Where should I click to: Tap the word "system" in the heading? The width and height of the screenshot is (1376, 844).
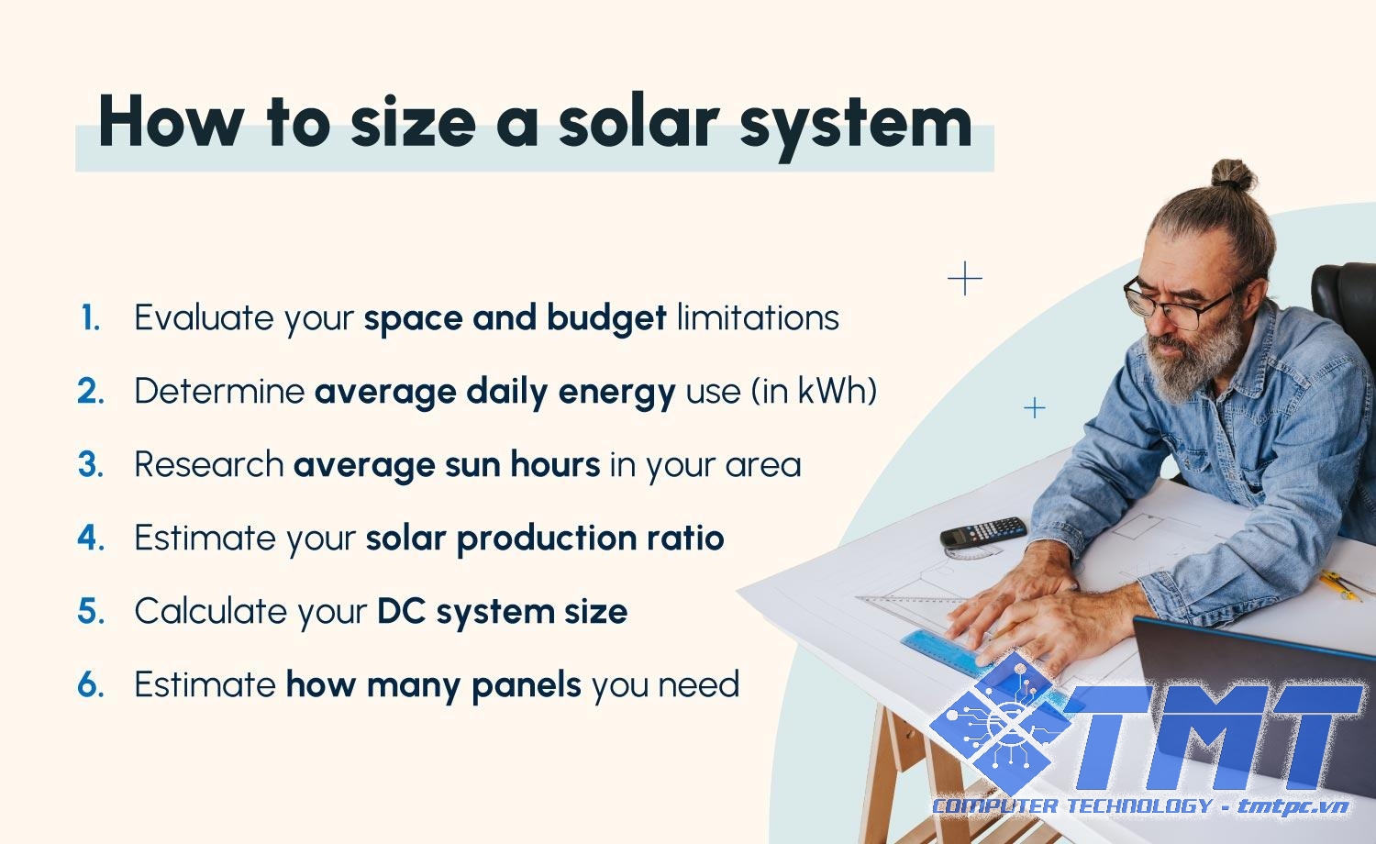856,126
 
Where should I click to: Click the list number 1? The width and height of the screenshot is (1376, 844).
91,318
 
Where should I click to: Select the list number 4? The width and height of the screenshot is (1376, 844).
91,538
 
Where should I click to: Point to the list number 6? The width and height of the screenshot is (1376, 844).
91,684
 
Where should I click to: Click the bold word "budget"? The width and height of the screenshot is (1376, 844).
606,319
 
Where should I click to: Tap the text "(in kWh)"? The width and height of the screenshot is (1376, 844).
815,391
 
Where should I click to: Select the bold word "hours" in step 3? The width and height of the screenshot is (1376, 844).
555,464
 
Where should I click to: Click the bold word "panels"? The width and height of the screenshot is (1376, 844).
527,685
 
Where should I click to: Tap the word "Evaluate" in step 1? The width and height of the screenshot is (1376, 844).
204,317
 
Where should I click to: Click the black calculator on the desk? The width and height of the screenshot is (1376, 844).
982,532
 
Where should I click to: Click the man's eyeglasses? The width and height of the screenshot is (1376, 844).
1180,303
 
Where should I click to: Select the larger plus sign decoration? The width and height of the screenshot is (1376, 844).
965,278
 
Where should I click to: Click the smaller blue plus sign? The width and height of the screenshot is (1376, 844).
1035,408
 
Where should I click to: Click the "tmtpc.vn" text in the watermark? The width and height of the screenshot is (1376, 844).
1293,806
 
